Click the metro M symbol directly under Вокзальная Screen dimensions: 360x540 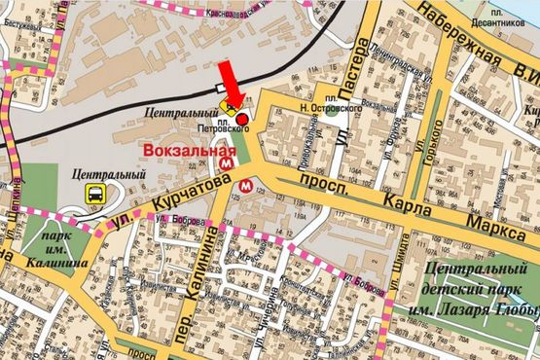227,166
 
